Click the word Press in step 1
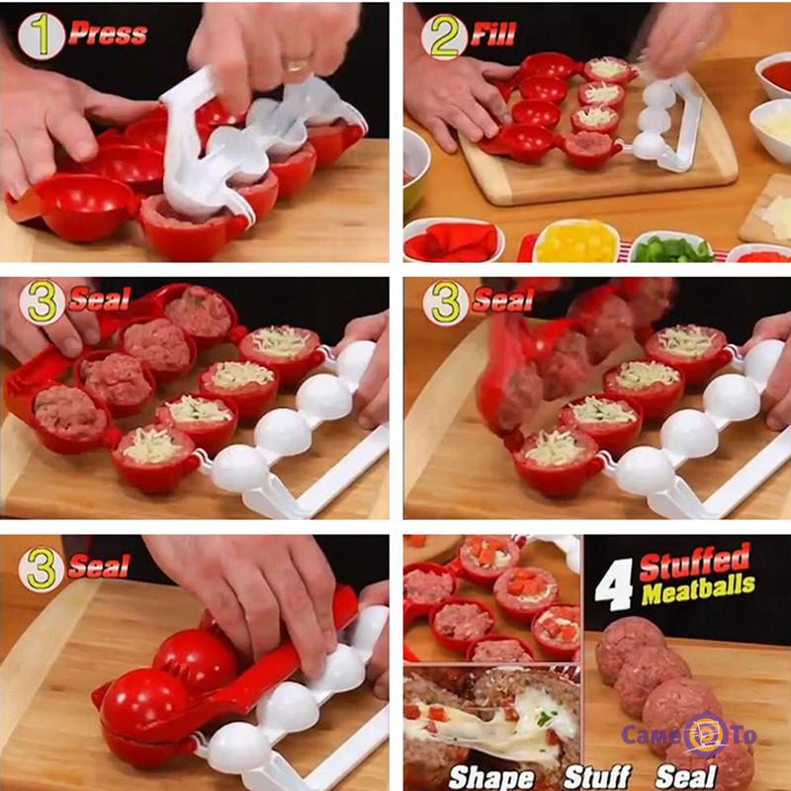[108, 34]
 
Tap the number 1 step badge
[42, 36]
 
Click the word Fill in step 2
[493, 34]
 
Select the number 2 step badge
[444, 36]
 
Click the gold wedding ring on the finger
[297, 64]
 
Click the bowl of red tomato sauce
[774, 77]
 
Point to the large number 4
[614, 585]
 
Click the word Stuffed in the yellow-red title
[695, 563]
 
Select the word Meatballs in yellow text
[698, 590]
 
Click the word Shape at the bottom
[491, 777]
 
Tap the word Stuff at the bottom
[598, 776]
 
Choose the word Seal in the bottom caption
[686, 776]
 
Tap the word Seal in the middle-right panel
[503, 300]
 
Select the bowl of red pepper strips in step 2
[454, 240]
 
